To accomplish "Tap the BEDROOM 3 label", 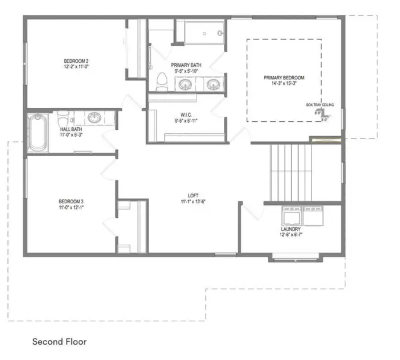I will coord(70,201).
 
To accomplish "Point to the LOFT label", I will coord(193,195).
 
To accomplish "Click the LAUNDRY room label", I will coord(291,229).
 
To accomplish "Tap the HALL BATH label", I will coord(71,129).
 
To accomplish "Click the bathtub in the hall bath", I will coord(37,133).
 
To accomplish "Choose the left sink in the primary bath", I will coord(185,84).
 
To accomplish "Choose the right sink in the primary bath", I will coord(213,84).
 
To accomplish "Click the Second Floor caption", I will coord(59,341).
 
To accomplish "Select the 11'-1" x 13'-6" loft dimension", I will coord(193,201).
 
